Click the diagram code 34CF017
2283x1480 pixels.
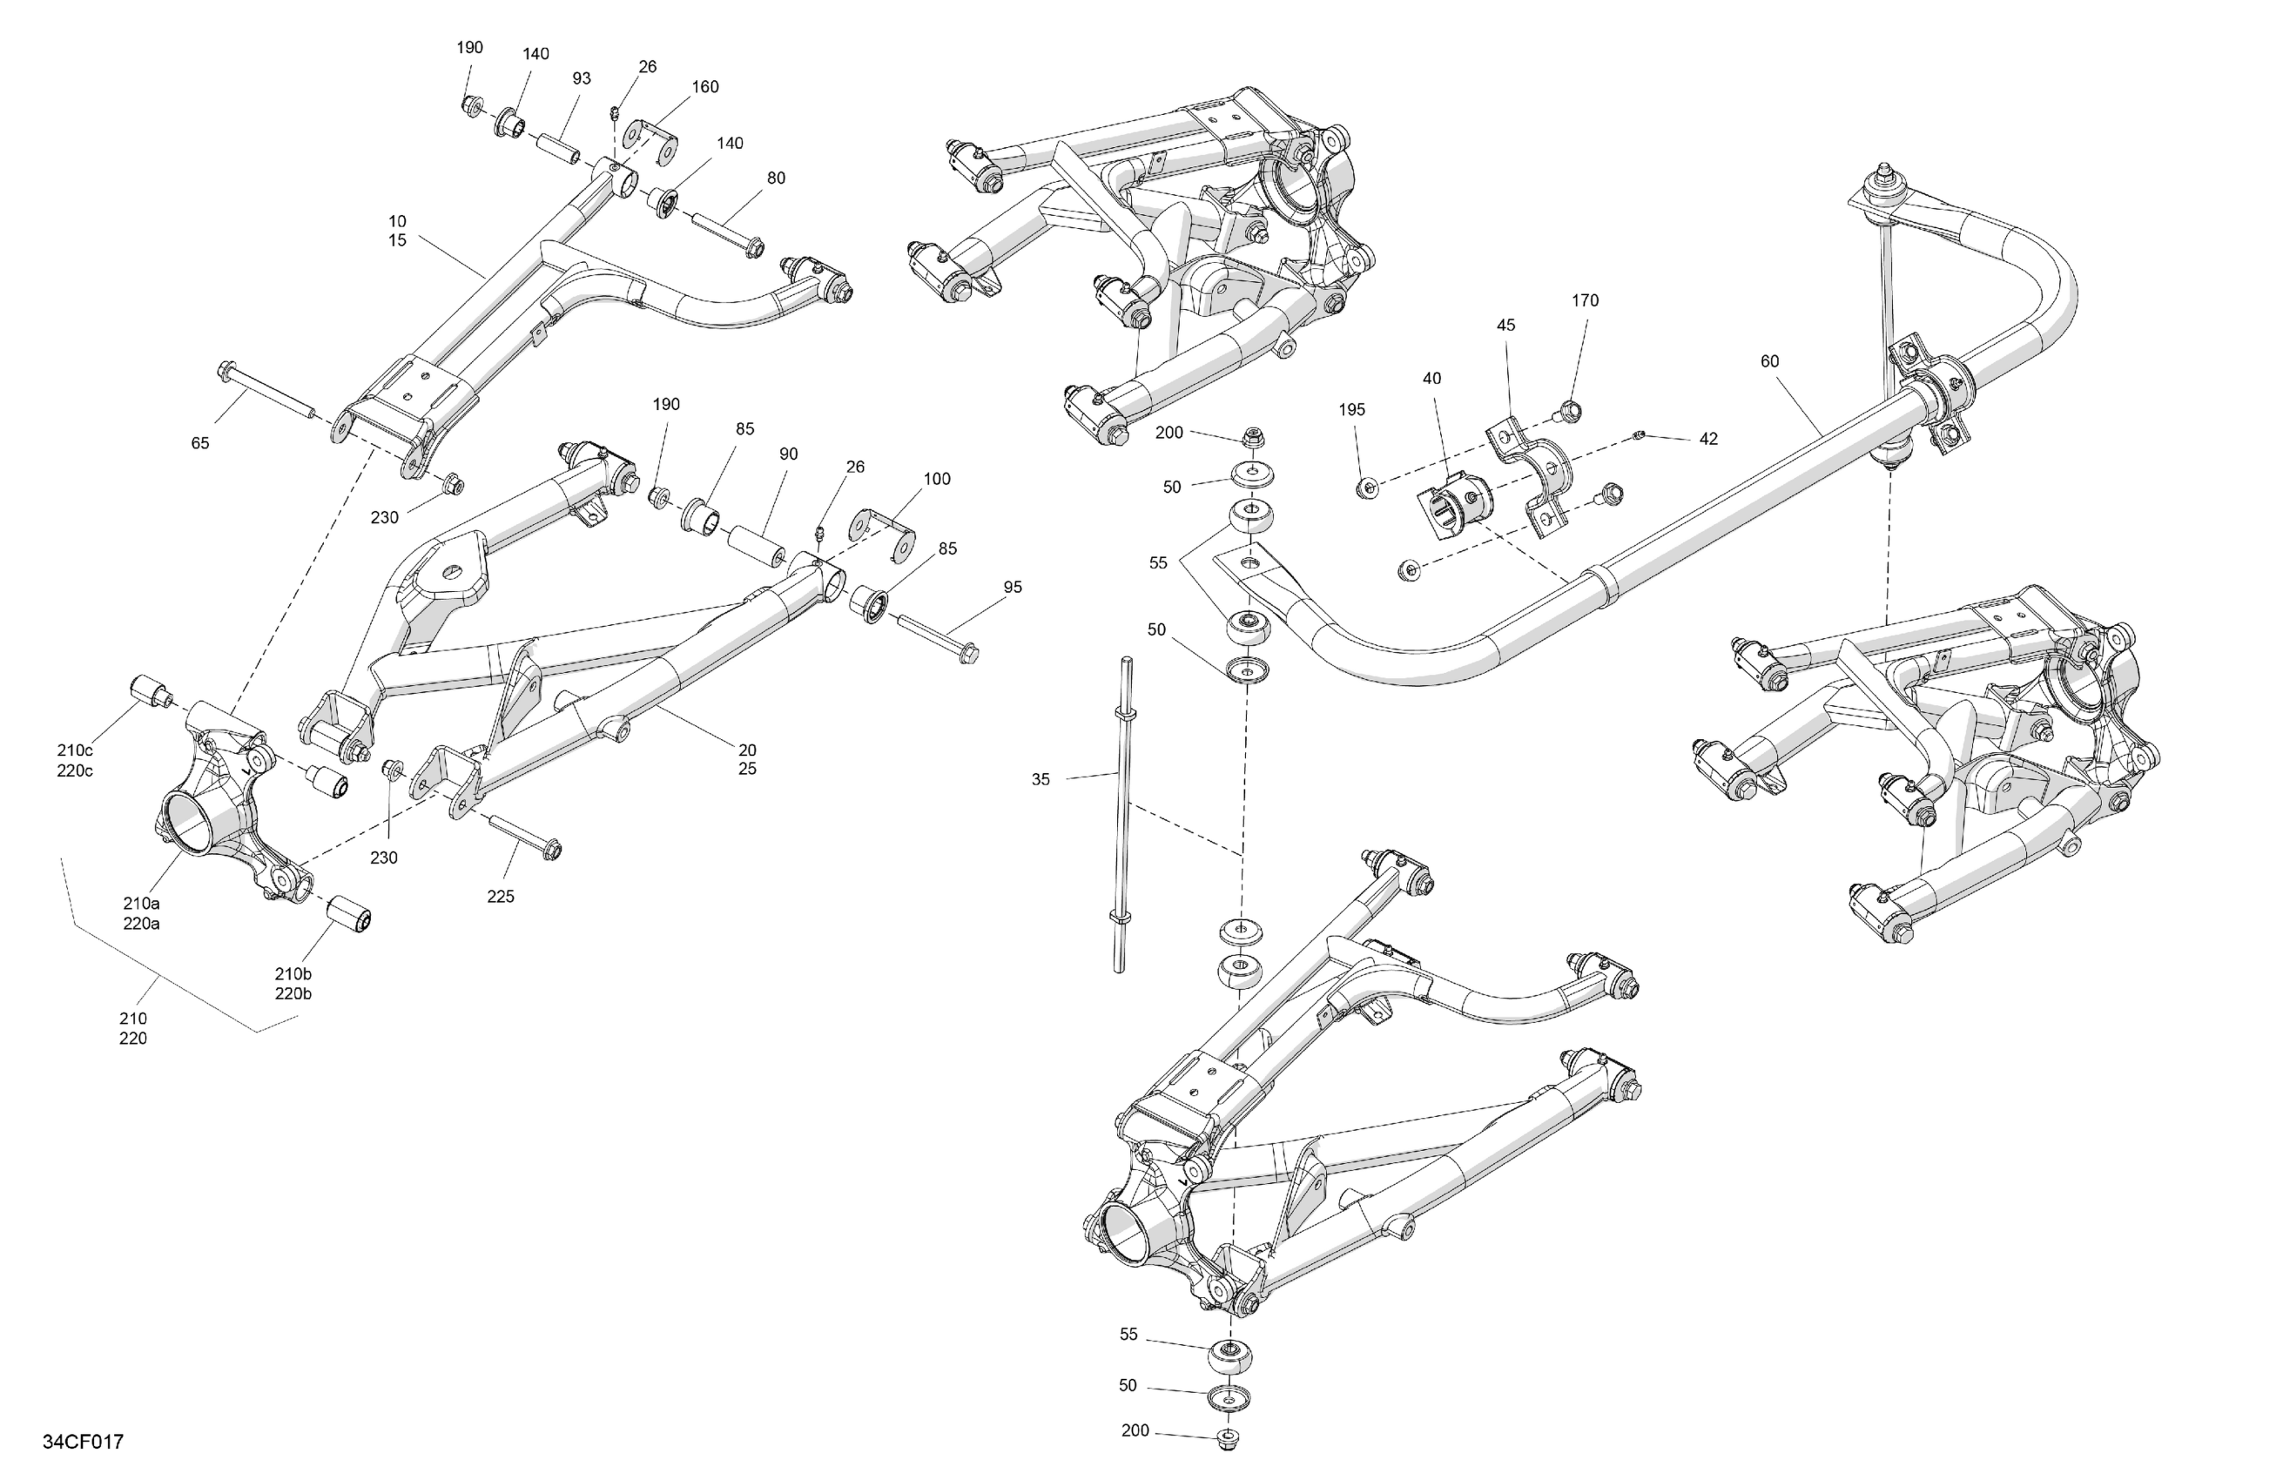pyautogui.click(x=83, y=1443)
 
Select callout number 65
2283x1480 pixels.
pyautogui.click(x=199, y=443)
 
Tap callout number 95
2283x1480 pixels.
pyautogui.click(x=1012, y=587)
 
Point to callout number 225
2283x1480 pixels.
pyautogui.click(x=500, y=897)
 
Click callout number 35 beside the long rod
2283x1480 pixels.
pyautogui.click(x=1040, y=780)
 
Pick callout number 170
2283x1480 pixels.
pyautogui.click(x=1585, y=300)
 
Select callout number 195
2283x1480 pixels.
pyautogui.click(x=1351, y=409)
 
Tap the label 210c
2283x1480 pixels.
pyautogui.click(x=75, y=750)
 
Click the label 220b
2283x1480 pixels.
pyautogui.click(x=293, y=993)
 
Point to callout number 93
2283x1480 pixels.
pyautogui.click(x=582, y=78)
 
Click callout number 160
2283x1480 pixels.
pyautogui.click(x=705, y=86)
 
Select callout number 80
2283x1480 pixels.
pyautogui.click(x=775, y=178)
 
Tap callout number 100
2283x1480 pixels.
pyautogui.click(x=936, y=479)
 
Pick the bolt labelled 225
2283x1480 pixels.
pyautogui.click(x=526, y=836)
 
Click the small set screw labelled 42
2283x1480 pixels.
pyautogui.click(x=1640, y=436)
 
